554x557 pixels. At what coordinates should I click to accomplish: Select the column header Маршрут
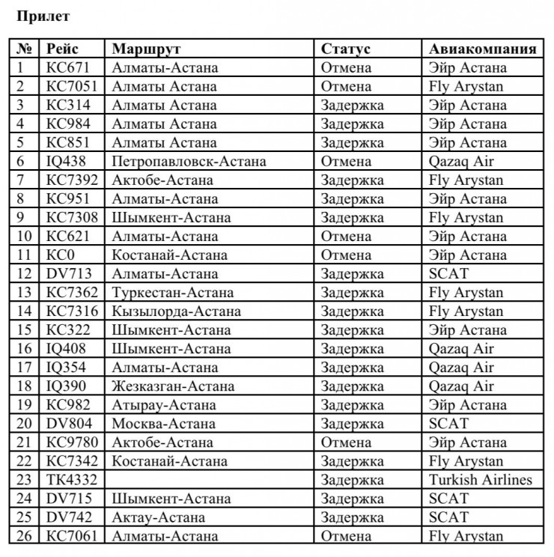(147, 49)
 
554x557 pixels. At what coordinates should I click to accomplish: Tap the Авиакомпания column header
(482, 49)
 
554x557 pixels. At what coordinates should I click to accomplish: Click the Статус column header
(346, 49)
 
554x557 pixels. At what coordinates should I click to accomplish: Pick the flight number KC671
(67, 68)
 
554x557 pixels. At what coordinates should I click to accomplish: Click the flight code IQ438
(67, 162)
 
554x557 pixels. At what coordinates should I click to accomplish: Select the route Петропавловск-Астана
(189, 162)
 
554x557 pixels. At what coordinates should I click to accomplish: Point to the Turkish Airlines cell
(481, 480)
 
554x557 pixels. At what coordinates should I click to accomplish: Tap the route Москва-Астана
(153, 424)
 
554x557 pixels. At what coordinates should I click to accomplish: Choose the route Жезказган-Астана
(173, 386)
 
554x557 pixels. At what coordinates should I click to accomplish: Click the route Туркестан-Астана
(172, 293)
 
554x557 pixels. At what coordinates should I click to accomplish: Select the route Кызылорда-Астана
(177, 311)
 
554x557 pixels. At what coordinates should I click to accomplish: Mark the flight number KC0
(60, 255)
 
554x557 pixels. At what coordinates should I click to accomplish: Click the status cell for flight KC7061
(346, 536)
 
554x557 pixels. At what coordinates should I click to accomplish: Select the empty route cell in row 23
(210, 480)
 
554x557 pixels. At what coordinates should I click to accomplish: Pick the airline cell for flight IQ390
(461, 386)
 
